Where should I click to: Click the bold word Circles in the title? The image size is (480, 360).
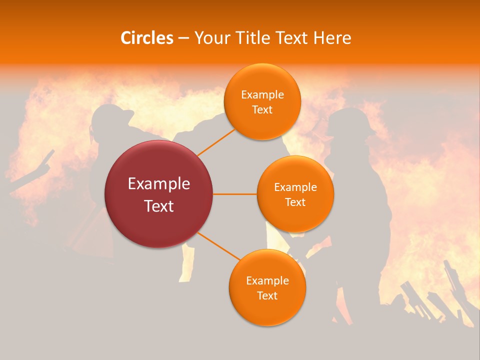146,38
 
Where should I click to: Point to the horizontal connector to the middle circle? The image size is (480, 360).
235,194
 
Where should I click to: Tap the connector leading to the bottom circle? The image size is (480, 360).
217,246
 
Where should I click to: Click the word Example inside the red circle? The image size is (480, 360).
159,184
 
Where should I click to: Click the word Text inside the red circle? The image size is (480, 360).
159,205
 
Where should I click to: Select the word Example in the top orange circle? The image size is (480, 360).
262,95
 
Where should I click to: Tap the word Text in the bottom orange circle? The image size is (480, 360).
267,295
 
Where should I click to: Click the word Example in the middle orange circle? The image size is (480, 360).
295,187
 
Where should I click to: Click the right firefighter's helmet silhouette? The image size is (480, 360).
350,120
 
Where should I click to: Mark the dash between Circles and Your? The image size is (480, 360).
183,38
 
